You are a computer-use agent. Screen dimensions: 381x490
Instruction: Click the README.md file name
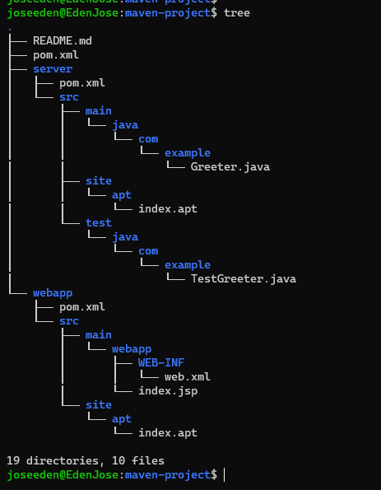tap(63, 41)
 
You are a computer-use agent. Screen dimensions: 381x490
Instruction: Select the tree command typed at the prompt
tap(237, 13)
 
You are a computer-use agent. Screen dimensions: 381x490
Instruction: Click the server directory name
tap(53, 68)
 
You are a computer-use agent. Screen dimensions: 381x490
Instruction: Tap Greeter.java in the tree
tap(230, 167)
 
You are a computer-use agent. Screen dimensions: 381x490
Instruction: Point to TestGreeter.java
tap(244, 278)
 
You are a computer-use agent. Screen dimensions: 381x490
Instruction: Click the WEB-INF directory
tap(161, 363)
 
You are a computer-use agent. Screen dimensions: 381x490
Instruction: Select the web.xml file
tap(188, 377)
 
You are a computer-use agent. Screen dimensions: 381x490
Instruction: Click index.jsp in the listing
tap(168, 391)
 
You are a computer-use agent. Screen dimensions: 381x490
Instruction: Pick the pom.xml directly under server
tap(82, 83)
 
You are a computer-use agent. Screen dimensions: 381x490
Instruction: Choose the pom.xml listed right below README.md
tap(56, 55)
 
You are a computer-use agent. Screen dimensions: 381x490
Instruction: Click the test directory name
tap(99, 223)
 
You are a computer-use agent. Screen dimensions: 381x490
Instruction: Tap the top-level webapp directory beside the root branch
tap(53, 293)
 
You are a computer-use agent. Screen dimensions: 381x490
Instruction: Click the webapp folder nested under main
tap(132, 349)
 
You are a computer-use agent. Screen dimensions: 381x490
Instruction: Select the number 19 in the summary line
tap(13, 460)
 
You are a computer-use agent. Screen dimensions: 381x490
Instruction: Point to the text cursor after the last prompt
tap(224, 475)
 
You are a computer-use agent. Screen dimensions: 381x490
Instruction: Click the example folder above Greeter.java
tap(188, 153)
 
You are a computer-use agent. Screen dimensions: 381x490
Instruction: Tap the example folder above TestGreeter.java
tap(188, 265)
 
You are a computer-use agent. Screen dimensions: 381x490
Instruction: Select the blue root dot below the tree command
tap(10, 30)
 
